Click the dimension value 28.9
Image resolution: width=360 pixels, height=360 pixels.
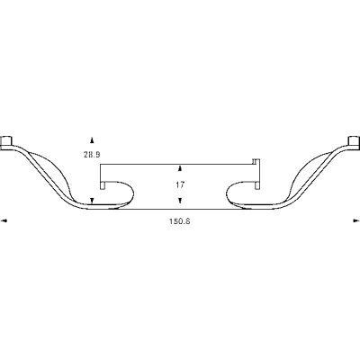pyautogui.click(x=92, y=155)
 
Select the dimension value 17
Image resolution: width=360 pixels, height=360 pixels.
pyautogui.click(x=180, y=185)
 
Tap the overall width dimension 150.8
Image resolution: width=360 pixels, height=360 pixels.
pyautogui.click(x=180, y=221)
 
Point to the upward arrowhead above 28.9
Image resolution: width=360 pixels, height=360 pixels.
pyautogui.click(x=92, y=139)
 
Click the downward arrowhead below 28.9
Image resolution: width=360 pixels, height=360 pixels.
pyautogui.click(x=92, y=201)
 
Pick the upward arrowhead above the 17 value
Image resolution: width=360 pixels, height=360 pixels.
pyautogui.click(x=180, y=168)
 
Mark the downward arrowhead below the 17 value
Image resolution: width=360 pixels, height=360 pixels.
pyautogui.click(x=180, y=201)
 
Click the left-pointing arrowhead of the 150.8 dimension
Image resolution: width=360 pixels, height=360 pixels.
pyautogui.click(x=4, y=221)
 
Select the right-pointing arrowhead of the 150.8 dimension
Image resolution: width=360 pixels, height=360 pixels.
pyautogui.click(x=356, y=221)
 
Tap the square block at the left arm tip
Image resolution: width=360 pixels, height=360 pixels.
pyautogui.click(x=6, y=141)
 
